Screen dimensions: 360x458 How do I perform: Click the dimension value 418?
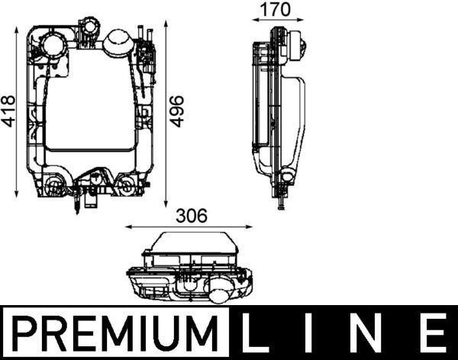tap(8, 111)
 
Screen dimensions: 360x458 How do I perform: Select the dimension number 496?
tap(176, 111)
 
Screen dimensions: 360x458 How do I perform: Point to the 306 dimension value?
tap(191, 217)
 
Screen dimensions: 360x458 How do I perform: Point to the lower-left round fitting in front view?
tap(53, 185)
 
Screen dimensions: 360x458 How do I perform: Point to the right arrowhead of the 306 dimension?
tap(252, 227)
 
